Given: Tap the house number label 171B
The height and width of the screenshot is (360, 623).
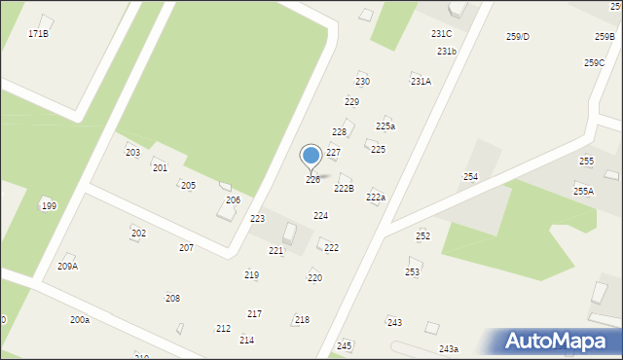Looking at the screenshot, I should tap(38, 34).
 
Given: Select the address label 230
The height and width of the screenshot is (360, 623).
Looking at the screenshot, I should tap(362, 82).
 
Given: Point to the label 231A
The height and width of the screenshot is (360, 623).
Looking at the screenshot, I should tap(421, 82).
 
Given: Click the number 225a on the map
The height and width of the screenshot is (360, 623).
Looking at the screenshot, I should tap(385, 126).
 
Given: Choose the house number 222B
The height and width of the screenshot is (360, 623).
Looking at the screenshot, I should tap(344, 189).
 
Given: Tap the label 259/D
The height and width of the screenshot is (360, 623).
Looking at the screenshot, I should tap(518, 37).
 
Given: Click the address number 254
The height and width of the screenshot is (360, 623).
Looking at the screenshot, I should tap(470, 177).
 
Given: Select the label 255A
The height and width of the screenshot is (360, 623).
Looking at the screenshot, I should tap(583, 192).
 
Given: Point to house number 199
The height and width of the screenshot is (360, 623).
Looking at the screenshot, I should tap(49, 206).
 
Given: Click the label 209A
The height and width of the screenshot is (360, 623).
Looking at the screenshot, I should tap(67, 267).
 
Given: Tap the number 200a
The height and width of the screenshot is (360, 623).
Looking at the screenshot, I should tap(80, 320).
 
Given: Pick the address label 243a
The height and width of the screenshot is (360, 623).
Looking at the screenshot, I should tap(448, 349).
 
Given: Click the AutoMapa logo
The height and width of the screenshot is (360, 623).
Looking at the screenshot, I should tap(559, 342).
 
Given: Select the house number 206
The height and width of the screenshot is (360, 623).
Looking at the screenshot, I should tap(233, 200).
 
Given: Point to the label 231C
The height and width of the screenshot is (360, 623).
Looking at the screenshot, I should tap(441, 34).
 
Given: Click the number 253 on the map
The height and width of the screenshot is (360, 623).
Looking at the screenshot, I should tap(413, 272).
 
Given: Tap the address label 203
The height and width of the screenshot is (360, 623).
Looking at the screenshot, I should tap(132, 154).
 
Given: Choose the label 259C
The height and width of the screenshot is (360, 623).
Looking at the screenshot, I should tap(594, 63).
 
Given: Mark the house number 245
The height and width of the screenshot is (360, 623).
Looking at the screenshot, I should tap(344, 346).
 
